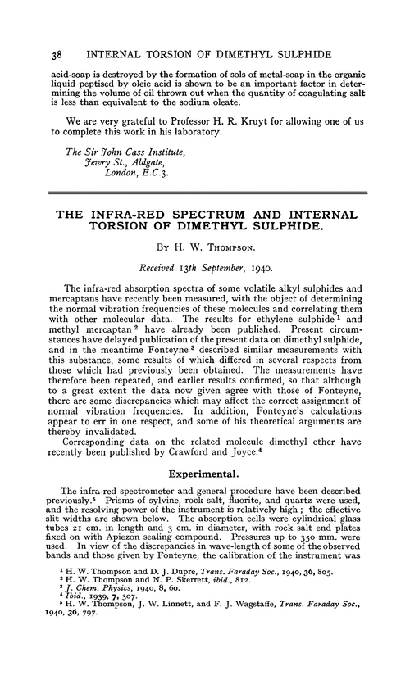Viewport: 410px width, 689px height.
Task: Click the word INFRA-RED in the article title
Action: [x=152, y=215]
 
